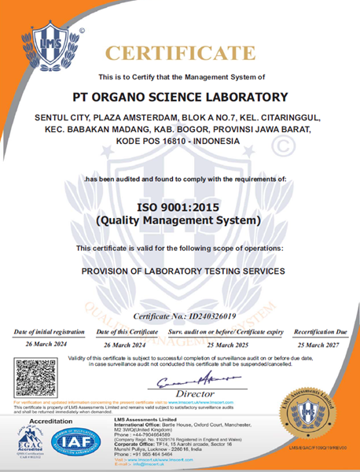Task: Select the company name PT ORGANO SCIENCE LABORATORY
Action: [180, 98]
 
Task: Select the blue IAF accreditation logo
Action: [76, 444]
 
